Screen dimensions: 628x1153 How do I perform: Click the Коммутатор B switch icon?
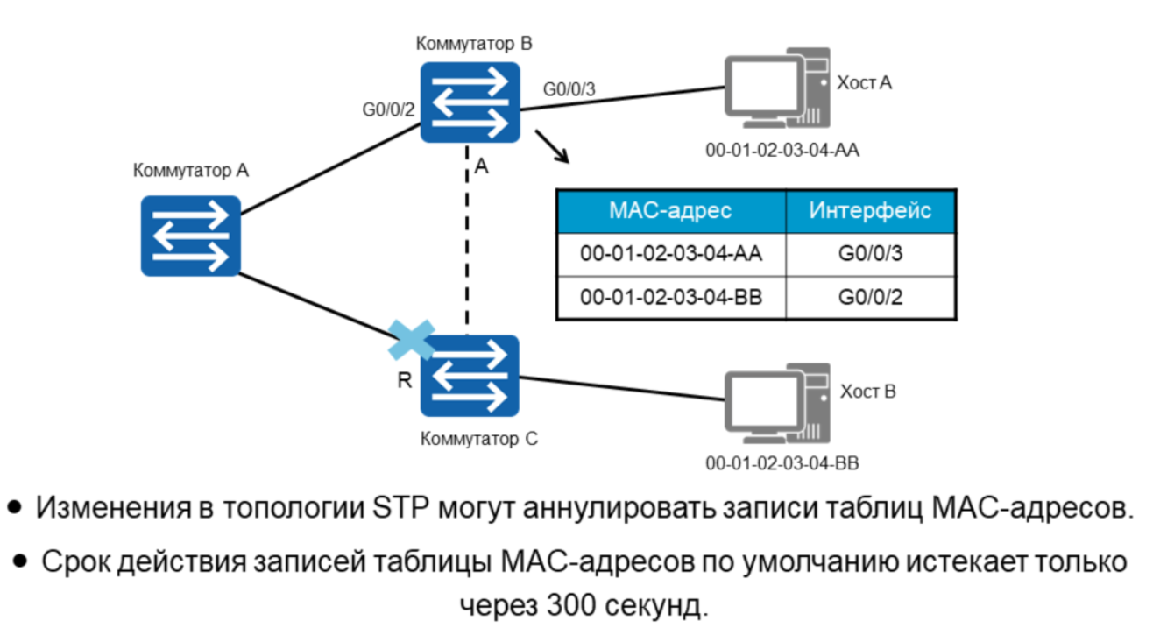[469, 102]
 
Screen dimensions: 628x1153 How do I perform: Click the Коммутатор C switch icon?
[470, 376]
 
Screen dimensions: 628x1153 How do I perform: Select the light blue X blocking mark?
[412, 337]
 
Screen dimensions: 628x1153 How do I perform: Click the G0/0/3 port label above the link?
[570, 88]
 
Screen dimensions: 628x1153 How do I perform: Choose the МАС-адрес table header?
[670, 211]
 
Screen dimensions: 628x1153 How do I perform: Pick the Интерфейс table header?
[869, 211]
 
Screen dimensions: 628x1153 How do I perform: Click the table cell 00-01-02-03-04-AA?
[670, 254]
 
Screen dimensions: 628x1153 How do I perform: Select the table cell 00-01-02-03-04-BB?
[670, 297]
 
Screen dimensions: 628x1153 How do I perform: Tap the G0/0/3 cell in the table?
[869, 254]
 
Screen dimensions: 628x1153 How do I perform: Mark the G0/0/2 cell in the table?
[869, 297]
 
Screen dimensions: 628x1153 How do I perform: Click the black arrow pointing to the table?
[553, 146]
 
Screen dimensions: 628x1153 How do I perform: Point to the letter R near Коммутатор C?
[405, 380]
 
